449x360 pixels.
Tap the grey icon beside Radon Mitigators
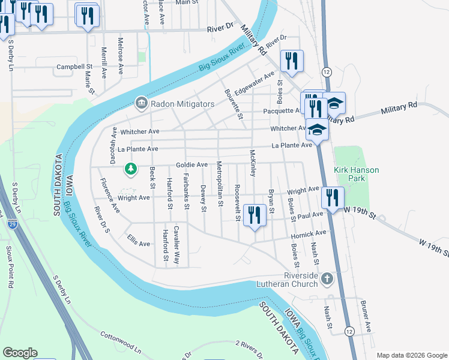pyautogui.click(x=141, y=104)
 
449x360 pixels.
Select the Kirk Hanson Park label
pyautogui.click(x=357, y=174)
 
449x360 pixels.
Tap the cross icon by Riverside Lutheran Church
pyautogui.click(x=327, y=278)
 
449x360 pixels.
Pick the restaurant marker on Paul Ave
pyautogui.click(x=256, y=215)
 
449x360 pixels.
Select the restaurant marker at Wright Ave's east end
pyautogui.click(x=332, y=197)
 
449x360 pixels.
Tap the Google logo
pyautogui.click(x=20, y=353)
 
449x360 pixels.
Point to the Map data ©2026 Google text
pyautogui.click(x=412, y=355)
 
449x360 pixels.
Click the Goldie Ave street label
pyautogui.click(x=191, y=164)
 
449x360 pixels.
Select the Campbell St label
pyautogui.click(x=74, y=67)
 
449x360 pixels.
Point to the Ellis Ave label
pyautogui.click(x=139, y=244)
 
